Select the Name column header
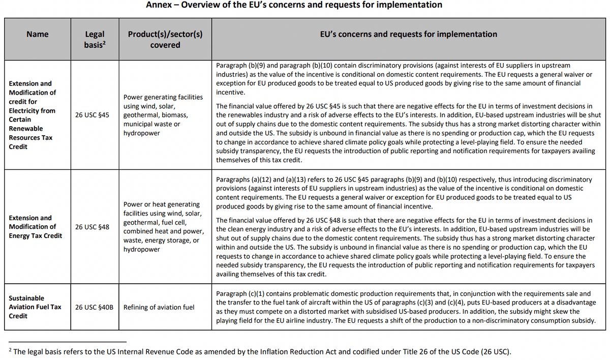point(38,34)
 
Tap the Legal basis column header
point(94,39)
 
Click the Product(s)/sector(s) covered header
point(165,39)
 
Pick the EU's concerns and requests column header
point(409,34)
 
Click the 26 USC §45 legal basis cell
point(92,115)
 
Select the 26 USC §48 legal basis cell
point(92,227)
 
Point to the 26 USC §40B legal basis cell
point(94,307)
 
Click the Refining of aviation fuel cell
point(159,307)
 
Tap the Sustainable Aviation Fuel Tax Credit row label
point(35,307)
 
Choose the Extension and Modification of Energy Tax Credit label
point(36,227)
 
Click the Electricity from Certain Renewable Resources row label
point(32,115)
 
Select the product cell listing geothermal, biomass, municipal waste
point(163,115)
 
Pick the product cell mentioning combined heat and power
point(163,227)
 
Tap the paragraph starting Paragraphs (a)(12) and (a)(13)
point(404,193)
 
